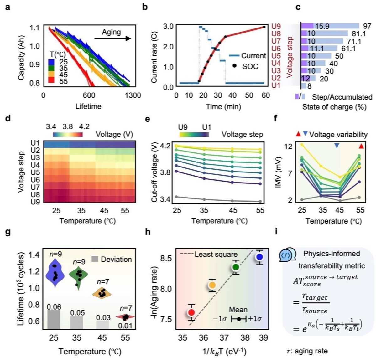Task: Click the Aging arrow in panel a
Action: [112, 39]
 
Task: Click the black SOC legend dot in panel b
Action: [234, 66]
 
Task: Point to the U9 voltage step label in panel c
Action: [276, 26]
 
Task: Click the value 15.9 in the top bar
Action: [322, 26]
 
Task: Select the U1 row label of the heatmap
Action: [35, 143]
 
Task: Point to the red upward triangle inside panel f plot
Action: [361, 146]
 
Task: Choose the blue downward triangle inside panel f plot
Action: [337, 146]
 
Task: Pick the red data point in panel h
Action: [191, 312]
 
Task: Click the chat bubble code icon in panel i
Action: [287, 255]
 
